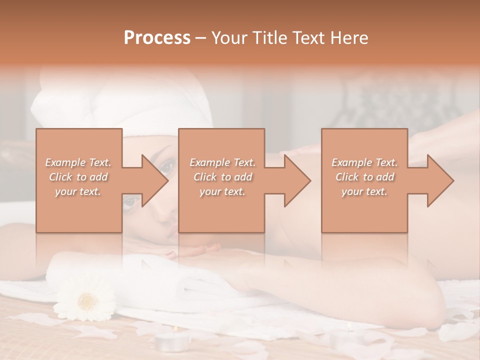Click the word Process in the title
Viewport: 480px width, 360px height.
pos(157,37)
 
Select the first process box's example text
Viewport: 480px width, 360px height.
pos(78,177)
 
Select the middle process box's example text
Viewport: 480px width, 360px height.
pos(222,177)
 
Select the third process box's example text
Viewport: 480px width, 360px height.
pos(364,177)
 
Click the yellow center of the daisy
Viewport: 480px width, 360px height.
pos(87,301)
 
